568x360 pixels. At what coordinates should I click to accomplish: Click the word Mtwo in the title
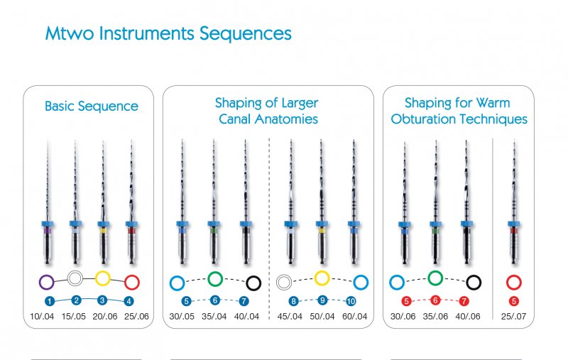(70, 33)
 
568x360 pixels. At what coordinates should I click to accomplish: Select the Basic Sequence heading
(92, 106)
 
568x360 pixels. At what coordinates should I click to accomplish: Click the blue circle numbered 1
(50, 301)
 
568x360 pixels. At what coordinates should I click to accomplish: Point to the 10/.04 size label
(42, 316)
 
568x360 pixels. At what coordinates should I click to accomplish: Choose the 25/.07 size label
(513, 316)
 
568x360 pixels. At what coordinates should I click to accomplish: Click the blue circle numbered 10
(351, 301)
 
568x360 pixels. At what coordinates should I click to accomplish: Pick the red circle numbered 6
(435, 300)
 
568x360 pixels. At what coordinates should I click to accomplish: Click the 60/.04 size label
(354, 316)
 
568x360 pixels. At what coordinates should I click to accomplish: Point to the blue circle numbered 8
(293, 301)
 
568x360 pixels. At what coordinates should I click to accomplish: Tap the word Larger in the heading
(300, 104)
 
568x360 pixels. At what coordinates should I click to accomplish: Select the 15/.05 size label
(74, 316)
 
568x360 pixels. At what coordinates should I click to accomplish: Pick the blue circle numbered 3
(102, 300)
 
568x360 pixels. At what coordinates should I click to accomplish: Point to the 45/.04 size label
(290, 316)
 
